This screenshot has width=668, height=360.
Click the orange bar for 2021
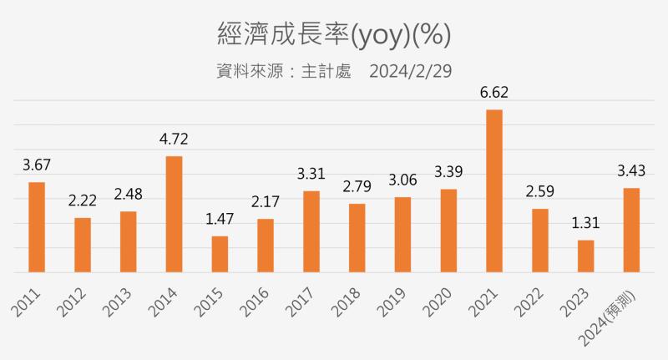tap(494, 190)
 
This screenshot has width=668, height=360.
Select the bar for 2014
tap(174, 214)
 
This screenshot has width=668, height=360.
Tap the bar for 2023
tap(586, 256)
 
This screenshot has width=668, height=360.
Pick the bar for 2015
tap(220, 254)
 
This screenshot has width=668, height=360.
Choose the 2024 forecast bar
tap(632, 230)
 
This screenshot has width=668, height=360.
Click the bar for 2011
tap(37, 226)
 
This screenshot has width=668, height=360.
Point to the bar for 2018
tap(357, 238)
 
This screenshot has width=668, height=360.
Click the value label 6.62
tap(494, 93)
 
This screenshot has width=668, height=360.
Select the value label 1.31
tap(586, 223)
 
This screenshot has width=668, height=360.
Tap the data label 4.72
tap(174, 139)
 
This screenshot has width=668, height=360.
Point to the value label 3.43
tap(632, 170)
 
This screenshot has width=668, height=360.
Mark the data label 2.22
tap(83, 200)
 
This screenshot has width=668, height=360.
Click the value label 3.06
tap(402, 180)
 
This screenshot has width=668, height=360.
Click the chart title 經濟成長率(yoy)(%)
tap(334, 34)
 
